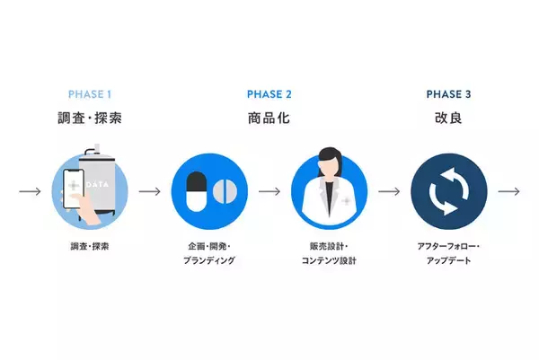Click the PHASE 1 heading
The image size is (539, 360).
(x=90, y=94)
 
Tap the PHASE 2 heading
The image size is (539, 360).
(x=269, y=94)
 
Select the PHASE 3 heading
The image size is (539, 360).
(x=448, y=94)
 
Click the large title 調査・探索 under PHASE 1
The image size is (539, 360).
(x=90, y=118)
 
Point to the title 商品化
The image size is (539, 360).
(x=269, y=118)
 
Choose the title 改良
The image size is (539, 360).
(x=448, y=118)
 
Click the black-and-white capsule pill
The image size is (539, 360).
(x=196, y=192)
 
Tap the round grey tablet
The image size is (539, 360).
(x=225, y=191)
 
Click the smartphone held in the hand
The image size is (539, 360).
(x=74, y=189)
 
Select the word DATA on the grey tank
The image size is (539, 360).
(x=97, y=185)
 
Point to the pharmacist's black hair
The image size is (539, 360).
(x=330, y=158)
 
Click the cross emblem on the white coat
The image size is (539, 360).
(x=346, y=200)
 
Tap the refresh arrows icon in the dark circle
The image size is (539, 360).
(x=449, y=192)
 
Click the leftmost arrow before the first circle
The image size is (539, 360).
(x=30, y=191)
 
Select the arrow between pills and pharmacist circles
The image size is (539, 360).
(x=269, y=191)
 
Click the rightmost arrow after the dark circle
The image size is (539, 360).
(x=509, y=191)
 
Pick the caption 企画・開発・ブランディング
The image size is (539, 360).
(x=209, y=253)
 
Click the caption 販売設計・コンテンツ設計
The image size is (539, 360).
(x=329, y=253)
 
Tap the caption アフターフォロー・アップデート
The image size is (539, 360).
(x=448, y=253)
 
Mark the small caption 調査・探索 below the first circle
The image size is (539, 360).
(x=90, y=246)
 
